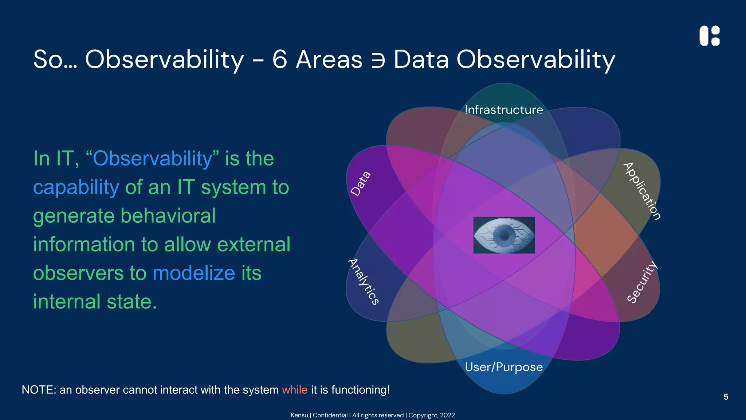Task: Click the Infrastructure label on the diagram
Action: (x=504, y=110)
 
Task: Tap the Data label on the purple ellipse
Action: (x=361, y=184)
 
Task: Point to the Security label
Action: (x=642, y=282)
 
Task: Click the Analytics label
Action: (x=364, y=281)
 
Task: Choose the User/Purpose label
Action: (x=504, y=367)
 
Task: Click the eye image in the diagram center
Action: (x=504, y=235)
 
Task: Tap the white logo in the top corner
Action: (x=709, y=36)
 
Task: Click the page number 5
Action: (x=726, y=397)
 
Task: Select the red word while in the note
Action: (x=295, y=390)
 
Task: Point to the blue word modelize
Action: (x=194, y=273)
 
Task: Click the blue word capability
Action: (x=76, y=187)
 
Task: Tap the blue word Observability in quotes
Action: (x=152, y=159)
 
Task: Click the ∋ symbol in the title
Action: (x=378, y=59)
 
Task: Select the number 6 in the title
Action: (x=280, y=59)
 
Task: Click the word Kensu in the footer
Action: (x=299, y=415)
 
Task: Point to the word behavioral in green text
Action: (x=168, y=216)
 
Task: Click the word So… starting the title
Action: (x=55, y=59)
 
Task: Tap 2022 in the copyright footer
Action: (x=447, y=415)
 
